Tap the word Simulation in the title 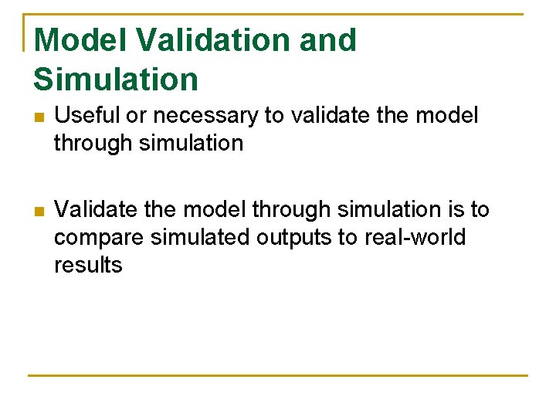(116, 79)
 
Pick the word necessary (205, 116)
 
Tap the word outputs (294, 237)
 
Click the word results (88, 265)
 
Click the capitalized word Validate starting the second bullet (103, 209)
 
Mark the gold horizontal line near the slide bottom (278, 375)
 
